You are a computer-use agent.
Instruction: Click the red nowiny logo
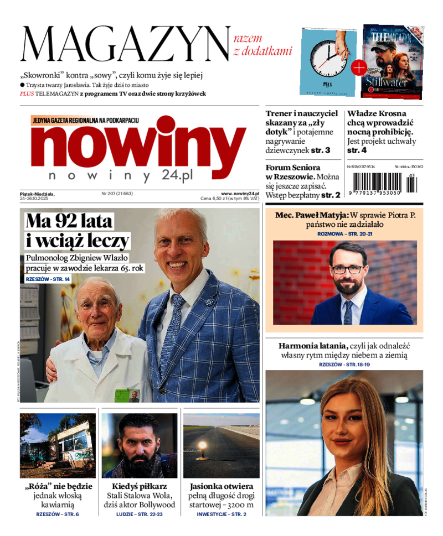pyautogui.click(x=138, y=147)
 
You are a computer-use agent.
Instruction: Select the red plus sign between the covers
pyautogui.click(x=359, y=68)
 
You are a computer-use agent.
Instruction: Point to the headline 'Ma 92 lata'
pyautogui.click(x=70, y=222)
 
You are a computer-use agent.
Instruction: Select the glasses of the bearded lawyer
pyautogui.click(x=347, y=269)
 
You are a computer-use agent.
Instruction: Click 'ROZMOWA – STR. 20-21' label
pyautogui.click(x=344, y=234)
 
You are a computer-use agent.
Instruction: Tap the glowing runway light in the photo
pyautogui.click(x=203, y=446)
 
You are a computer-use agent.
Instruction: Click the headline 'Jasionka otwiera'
pyautogui.click(x=221, y=486)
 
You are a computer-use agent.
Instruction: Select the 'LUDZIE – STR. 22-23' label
pyautogui.click(x=140, y=514)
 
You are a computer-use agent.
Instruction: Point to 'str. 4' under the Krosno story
pyautogui.click(x=357, y=150)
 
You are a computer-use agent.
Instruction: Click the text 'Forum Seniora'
pyautogui.click(x=293, y=167)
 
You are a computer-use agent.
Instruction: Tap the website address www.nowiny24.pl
pyautogui.click(x=239, y=194)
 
